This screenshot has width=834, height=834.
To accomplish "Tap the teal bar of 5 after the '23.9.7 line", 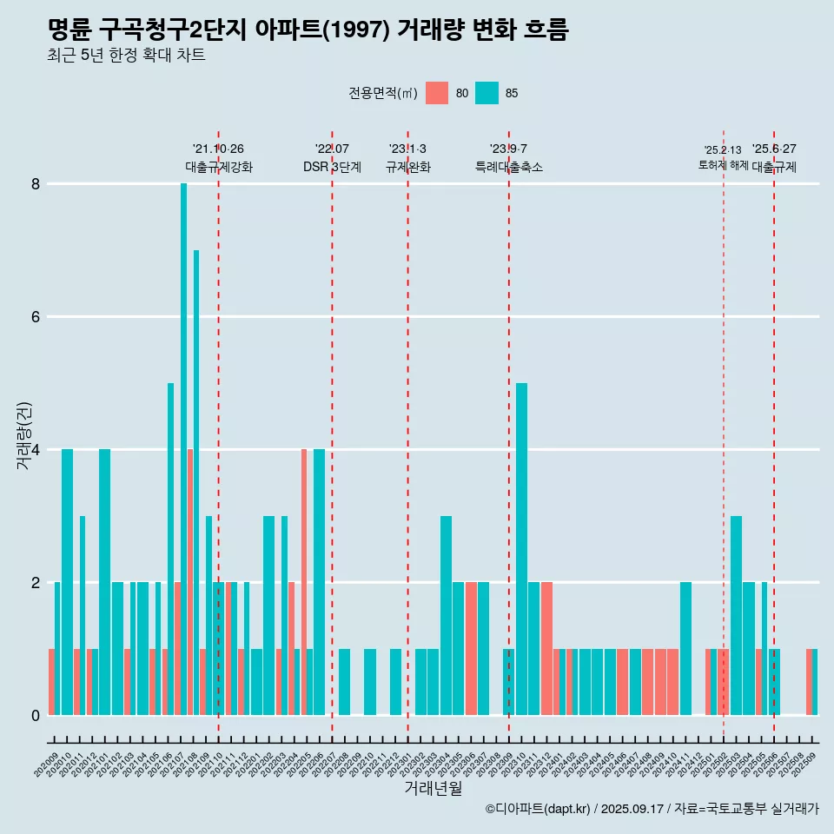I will [x=521, y=547].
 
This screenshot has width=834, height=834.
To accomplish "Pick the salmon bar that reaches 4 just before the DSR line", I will [x=304, y=582].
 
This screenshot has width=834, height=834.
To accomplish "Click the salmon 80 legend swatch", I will [x=437, y=93].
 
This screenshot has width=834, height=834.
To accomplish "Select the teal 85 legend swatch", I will [x=487, y=93].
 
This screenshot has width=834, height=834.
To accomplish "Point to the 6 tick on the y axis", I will [x=36, y=317].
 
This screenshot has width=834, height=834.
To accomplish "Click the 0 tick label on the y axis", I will [x=36, y=716].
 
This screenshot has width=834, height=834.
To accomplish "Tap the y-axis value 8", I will [x=36, y=184].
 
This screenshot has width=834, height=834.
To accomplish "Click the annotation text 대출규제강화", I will [x=219, y=167].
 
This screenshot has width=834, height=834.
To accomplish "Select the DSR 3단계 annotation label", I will [x=332, y=167].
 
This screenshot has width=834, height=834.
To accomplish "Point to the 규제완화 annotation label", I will [x=408, y=167].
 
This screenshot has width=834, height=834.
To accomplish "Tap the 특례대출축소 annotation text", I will [x=509, y=167].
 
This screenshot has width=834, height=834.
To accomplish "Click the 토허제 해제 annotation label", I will [x=723, y=165].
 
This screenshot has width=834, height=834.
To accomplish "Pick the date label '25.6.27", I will [x=774, y=149].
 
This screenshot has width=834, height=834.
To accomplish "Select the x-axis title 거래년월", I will [x=434, y=788].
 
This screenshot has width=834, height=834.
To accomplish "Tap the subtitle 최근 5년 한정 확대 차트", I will [x=127, y=56].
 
